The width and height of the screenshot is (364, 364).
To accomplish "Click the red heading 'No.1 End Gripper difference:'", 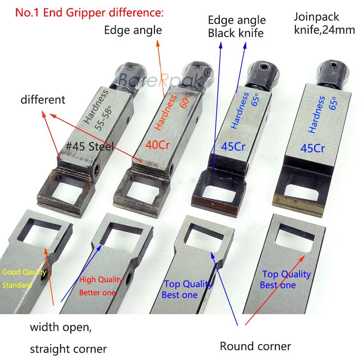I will click(89, 13).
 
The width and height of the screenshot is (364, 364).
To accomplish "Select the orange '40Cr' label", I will click(158, 145).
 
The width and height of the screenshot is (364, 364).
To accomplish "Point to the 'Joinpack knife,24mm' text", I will click(324, 23).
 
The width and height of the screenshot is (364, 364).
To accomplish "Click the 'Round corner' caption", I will click(255, 346).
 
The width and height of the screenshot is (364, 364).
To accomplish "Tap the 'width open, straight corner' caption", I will click(68, 338).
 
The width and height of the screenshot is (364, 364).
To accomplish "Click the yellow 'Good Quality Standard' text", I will click(24, 278).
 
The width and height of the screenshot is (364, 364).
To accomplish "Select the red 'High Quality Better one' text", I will click(101, 286).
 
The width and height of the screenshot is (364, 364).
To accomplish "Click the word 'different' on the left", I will click(43, 99).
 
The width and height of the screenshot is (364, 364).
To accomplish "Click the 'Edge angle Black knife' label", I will click(237, 26).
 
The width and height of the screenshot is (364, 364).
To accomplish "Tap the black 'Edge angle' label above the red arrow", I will click(133, 30).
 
